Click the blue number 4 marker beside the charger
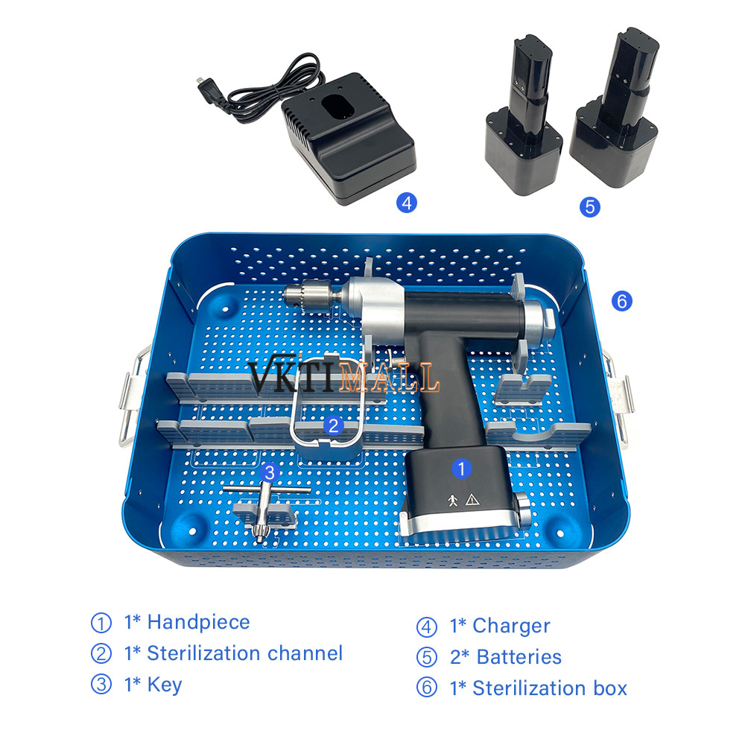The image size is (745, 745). (x=407, y=203)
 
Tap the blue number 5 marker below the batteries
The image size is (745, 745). (x=589, y=207)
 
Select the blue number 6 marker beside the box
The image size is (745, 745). (x=622, y=301)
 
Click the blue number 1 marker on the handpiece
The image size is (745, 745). (x=461, y=469)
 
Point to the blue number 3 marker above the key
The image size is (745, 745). (x=270, y=472)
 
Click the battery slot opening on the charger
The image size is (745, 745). (x=337, y=106)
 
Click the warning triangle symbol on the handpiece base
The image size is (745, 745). (x=472, y=499)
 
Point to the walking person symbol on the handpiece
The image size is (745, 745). (x=453, y=500)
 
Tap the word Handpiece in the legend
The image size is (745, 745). (x=199, y=622)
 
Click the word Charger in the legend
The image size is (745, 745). (x=511, y=627)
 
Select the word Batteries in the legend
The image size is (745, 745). (x=519, y=657)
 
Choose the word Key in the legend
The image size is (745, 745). (x=165, y=685)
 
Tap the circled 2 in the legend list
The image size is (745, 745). (x=101, y=654)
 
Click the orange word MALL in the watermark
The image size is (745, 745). (x=389, y=377)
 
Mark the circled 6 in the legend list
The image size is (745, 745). (x=427, y=688)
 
